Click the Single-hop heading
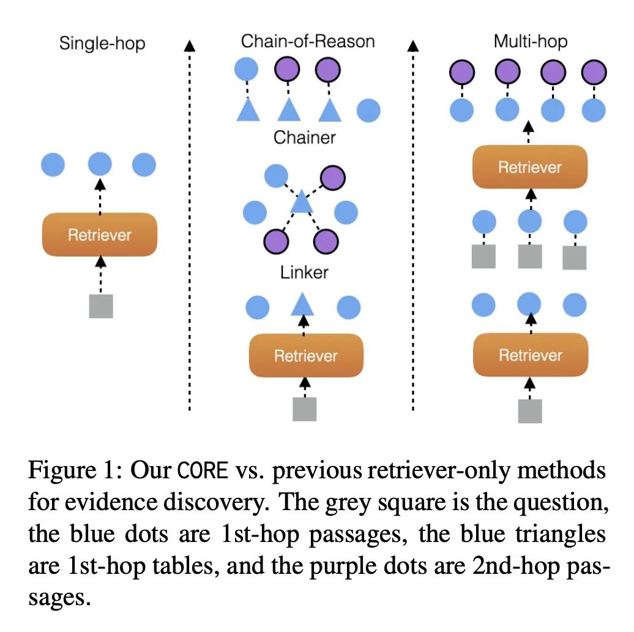click(102, 43)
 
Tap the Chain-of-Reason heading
click(308, 41)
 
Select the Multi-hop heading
click(531, 42)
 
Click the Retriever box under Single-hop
click(100, 235)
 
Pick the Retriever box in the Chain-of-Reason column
click(306, 356)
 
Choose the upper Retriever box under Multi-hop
click(530, 167)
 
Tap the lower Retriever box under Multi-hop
click(531, 355)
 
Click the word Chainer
click(305, 138)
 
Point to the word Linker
click(304, 273)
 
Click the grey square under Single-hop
click(101, 306)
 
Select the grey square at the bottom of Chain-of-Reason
click(305, 409)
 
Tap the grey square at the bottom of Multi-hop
click(530, 411)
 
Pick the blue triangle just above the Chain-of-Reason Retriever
click(302, 305)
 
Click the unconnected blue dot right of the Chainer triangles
click(369, 110)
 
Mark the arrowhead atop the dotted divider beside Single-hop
click(190, 46)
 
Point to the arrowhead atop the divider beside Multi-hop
click(413, 46)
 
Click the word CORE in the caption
click(203, 470)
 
